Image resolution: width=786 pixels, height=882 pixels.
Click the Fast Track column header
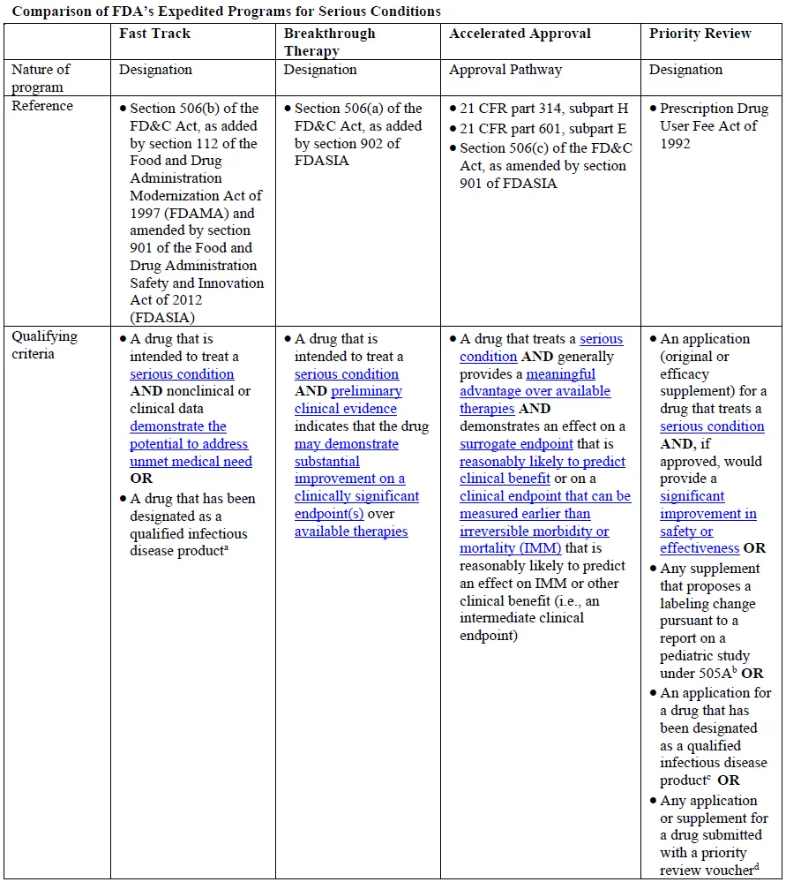coord(154,34)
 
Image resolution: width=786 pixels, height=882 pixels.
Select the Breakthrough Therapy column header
coord(329,41)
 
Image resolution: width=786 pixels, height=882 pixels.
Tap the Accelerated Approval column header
coord(520,34)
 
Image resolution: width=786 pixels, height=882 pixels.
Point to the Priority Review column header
coord(700,34)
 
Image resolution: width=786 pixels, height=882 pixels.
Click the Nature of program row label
coord(41,78)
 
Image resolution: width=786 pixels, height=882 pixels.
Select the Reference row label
coord(41,106)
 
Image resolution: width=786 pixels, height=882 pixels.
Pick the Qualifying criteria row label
coord(44,344)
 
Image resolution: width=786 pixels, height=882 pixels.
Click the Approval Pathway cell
coord(505,70)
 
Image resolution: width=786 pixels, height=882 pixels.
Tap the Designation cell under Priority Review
coord(685,70)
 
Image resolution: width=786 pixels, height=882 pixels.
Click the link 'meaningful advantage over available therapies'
coord(535,391)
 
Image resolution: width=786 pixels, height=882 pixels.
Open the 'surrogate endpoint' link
coord(516,443)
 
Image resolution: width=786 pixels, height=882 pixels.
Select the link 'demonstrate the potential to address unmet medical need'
coord(189,443)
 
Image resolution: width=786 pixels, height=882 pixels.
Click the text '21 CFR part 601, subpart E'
coord(543,128)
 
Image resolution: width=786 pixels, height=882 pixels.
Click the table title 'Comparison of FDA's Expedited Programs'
coord(225,11)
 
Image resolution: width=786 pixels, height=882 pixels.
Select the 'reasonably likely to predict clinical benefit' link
coord(542,470)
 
